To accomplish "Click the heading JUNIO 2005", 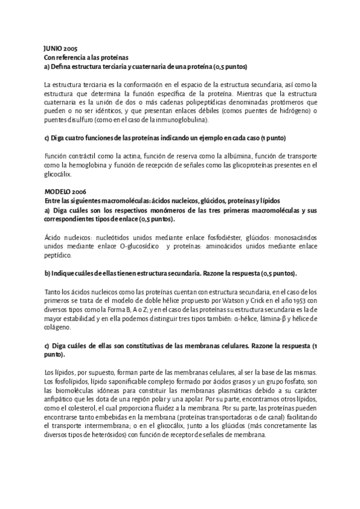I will (61, 48).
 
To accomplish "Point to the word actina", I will (121, 156).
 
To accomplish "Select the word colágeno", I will (58, 328).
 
